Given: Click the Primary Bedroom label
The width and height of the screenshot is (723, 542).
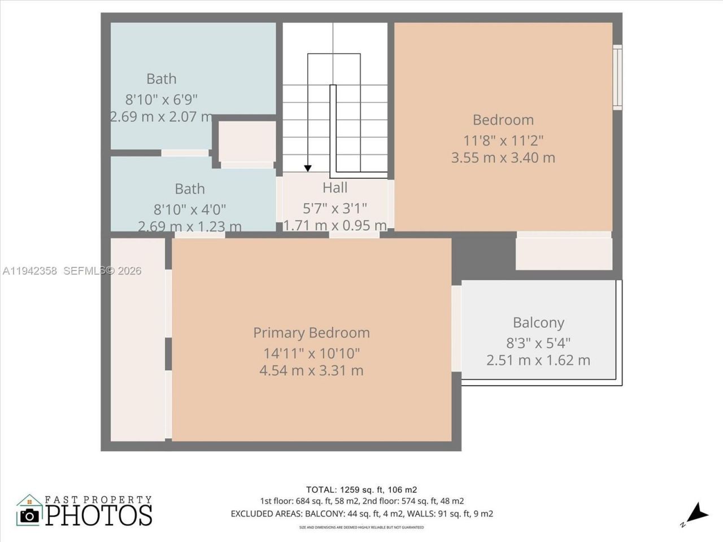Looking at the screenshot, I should [311, 333].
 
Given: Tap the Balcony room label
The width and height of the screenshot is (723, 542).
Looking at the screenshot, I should [538, 322].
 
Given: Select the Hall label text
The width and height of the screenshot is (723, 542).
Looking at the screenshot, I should [335, 187].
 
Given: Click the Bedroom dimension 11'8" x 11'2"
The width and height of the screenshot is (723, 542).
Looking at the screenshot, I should [503, 139].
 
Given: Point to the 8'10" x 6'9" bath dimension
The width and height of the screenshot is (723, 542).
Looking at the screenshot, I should [161, 99].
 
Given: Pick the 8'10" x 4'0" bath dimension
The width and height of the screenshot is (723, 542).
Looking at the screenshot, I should [190, 209].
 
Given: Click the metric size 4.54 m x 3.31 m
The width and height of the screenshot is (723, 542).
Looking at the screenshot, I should [311, 370].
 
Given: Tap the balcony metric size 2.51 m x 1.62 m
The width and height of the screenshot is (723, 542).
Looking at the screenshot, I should [538, 360].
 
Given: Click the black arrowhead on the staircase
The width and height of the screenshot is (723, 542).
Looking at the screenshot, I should [308, 168].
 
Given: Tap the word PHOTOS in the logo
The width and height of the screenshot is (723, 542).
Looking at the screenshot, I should [99, 515].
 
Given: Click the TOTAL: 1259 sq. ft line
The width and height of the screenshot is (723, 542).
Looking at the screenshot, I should [361, 489].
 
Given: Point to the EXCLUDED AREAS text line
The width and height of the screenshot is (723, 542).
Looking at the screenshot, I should [361, 514].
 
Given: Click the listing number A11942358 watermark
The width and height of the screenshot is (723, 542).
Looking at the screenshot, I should [29, 271].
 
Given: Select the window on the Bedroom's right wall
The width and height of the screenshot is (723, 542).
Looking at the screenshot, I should [617, 76].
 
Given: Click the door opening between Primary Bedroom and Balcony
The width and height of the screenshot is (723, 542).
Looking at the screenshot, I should [456, 328].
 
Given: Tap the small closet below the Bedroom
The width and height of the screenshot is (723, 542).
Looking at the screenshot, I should [564, 253].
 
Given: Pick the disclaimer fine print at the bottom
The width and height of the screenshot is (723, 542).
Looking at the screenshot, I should [361, 527].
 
